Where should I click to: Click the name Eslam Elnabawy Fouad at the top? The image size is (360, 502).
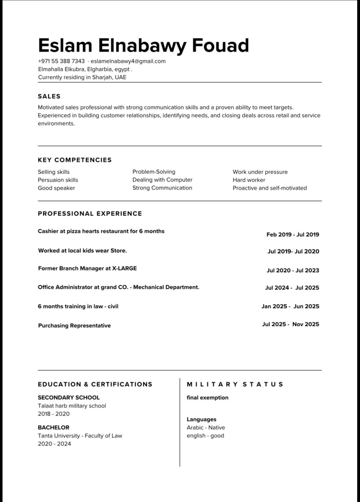(143, 46)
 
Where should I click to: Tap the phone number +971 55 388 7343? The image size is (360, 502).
(61, 61)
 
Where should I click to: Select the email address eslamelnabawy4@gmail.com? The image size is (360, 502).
(128, 61)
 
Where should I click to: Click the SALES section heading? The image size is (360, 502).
(49, 96)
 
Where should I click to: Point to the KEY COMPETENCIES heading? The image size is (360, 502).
(75, 160)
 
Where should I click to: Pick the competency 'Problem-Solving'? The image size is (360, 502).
(154, 172)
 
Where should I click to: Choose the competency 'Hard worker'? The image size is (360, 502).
(249, 180)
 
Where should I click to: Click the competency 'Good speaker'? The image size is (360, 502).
(56, 188)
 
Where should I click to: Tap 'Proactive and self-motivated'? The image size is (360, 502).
(270, 188)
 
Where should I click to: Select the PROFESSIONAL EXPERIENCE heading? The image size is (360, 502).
(90, 213)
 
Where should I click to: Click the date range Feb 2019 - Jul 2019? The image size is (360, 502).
(292, 234)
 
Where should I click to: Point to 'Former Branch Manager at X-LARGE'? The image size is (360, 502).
(87, 268)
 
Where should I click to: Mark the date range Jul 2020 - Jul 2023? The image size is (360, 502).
(292, 270)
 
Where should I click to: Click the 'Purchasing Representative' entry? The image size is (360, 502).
(74, 326)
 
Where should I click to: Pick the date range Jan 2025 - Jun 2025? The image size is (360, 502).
(290, 306)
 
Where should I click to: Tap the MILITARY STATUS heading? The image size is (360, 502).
(235, 384)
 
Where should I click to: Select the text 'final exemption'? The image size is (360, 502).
(207, 398)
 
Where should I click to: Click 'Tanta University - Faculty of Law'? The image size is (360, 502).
(80, 436)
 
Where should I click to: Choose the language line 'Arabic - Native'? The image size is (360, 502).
(206, 427)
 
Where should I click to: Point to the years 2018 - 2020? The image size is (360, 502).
(54, 414)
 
